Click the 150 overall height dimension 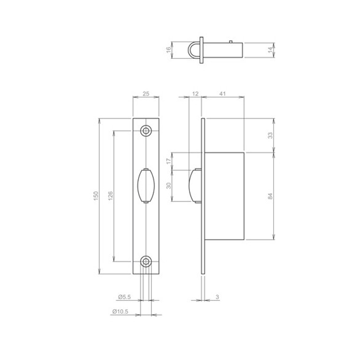pyautogui.click(x=95, y=195)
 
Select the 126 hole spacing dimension pyautogui.click(x=110, y=195)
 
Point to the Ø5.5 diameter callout pyautogui.click(x=124, y=297)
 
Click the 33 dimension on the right pyautogui.click(x=270, y=135)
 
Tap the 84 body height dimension pyautogui.click(x=270, y=196)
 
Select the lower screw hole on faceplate pyautogui.click(x=146, y=261)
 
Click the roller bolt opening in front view pyautogui.click(x=146, y=185)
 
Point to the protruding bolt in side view pyautogui.click(x=194, y=185)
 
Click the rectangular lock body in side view pyautogui.click(x=225, y=196)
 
